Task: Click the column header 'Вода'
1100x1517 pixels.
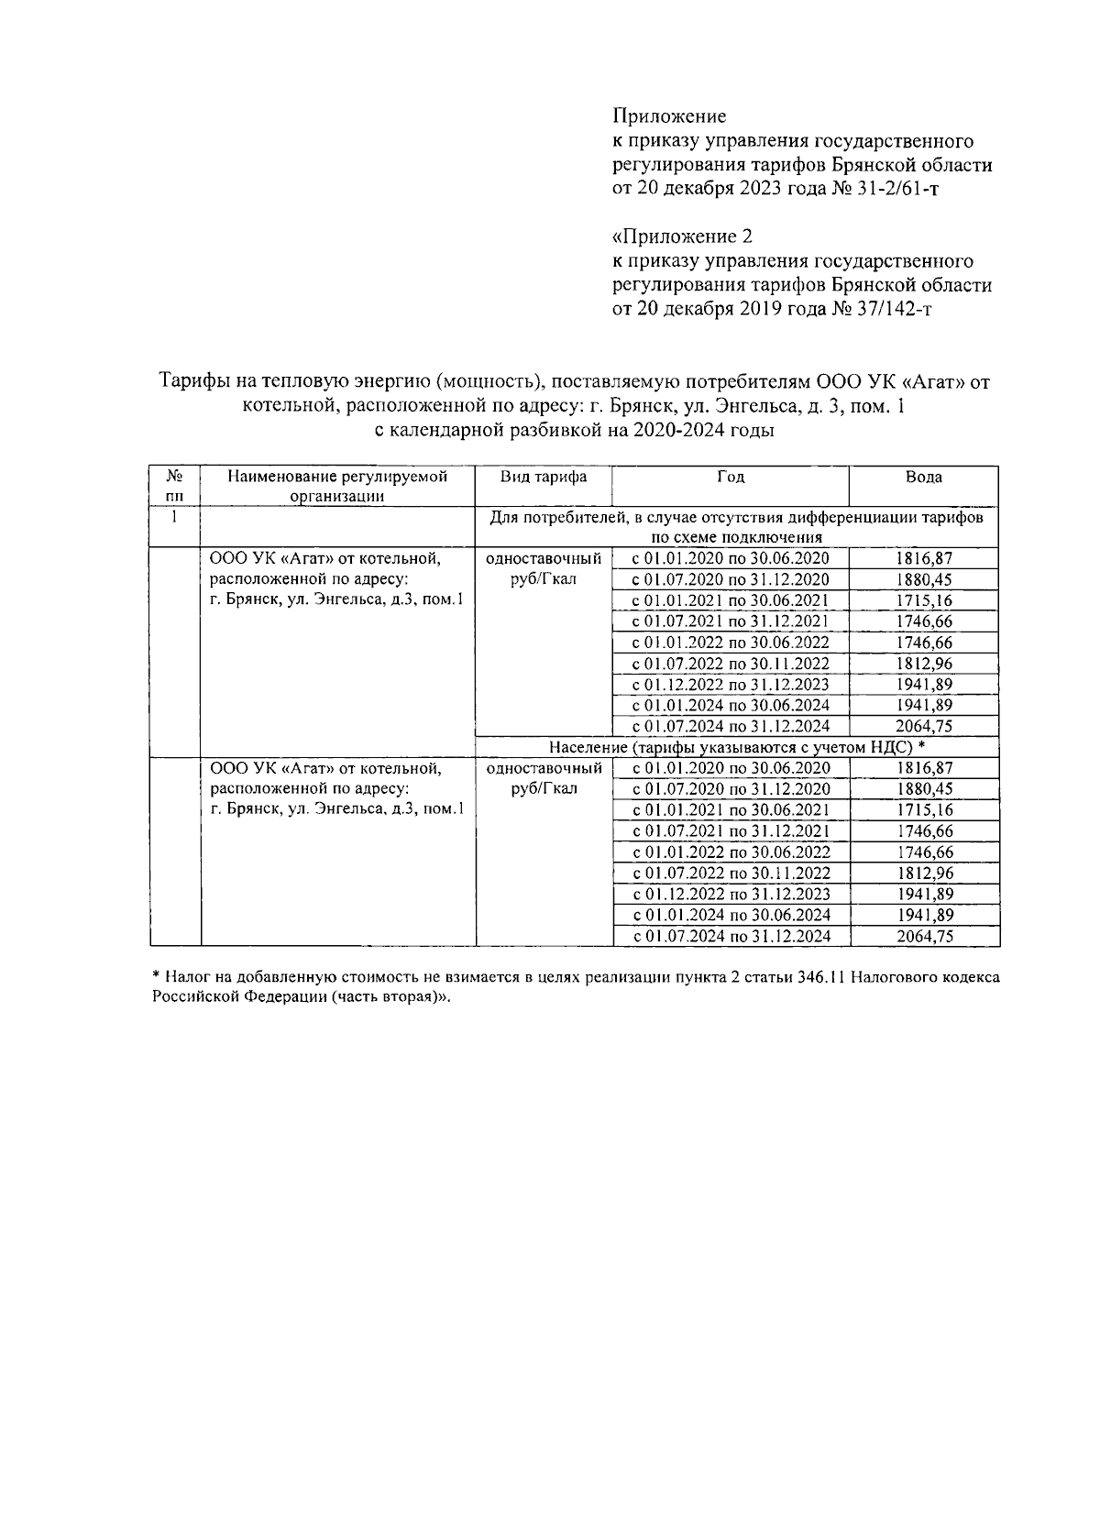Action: click(923, 477)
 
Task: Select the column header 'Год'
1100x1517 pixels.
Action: click(730, 477)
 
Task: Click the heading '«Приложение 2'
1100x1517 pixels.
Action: click(682, 236)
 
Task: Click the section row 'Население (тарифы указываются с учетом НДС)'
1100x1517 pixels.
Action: click(736, 747)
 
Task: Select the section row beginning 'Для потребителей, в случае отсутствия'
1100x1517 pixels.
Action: click(736, 527)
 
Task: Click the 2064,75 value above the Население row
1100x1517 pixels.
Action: click(923, 726)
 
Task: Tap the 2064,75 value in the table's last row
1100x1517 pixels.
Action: click(923, 936)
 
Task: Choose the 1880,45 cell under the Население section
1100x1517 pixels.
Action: click(923, 789)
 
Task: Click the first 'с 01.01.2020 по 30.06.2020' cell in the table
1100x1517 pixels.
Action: click(730, 558)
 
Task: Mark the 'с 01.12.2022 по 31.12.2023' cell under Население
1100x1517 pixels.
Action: click(730, 894)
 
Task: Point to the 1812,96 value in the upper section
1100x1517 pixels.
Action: click(923, 664)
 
